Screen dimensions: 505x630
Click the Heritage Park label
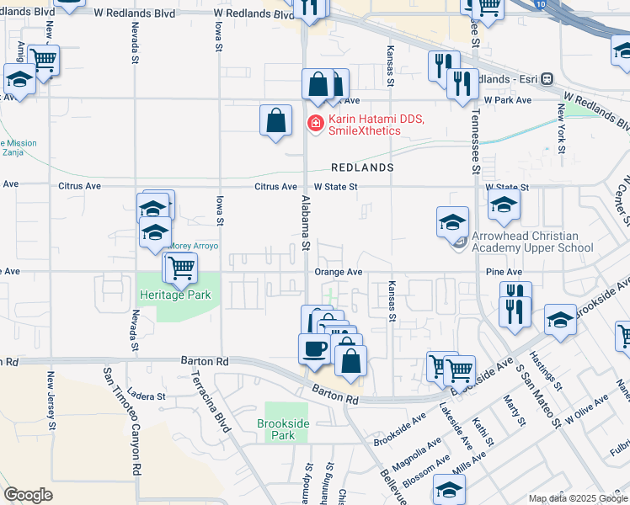(175, 295)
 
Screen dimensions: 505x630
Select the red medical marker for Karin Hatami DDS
(316, 124)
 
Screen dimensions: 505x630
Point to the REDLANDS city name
(362, 167)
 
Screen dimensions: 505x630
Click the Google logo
(28, 495)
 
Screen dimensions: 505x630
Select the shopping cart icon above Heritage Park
(179, 268)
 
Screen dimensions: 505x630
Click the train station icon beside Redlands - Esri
(547, 78)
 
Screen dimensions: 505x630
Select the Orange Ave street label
(338, 272)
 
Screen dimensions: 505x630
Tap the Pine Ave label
(504, 272)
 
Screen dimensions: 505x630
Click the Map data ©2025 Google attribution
(579, 498)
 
